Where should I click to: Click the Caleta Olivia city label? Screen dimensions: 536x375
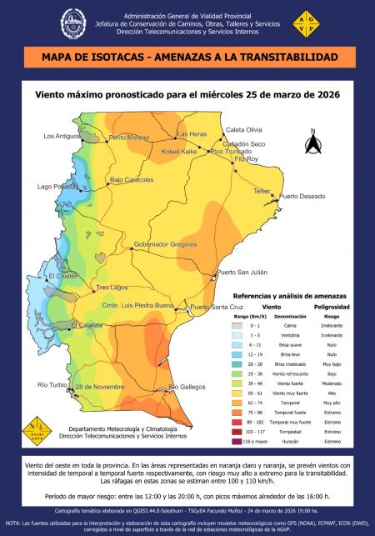click(x=244, y=130)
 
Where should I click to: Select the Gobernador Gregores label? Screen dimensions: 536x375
click(x=165, y=244)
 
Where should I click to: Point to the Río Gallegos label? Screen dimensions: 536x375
click(x=187, y=387)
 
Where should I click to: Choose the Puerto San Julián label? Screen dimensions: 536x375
click(x=242, y=273)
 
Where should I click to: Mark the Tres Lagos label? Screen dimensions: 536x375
click(x=113, y=287)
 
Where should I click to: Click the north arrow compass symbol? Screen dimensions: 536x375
click(x=313, y=143)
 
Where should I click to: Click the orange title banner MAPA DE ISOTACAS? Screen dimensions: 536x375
click(x=187, y=57)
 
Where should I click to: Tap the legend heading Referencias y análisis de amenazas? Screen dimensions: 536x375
click(x=287, y=296)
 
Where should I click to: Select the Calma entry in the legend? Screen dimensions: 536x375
click(x=284, y=326)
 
